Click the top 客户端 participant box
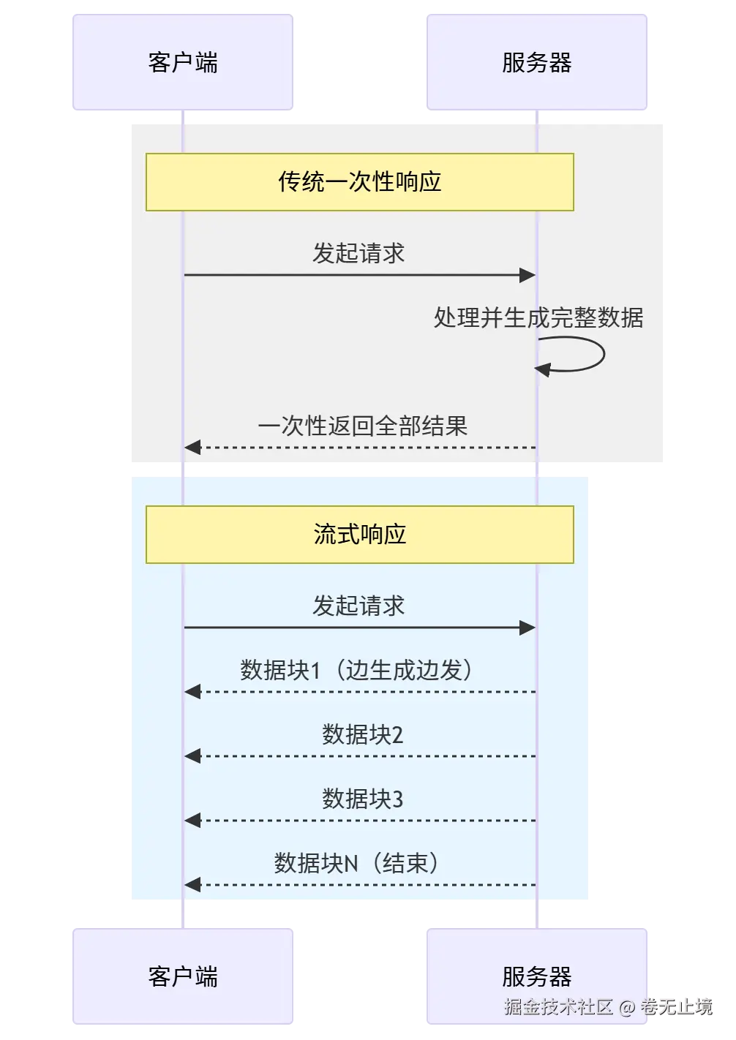pyautogui.click(x=182, y=62)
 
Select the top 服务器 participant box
pyautogui.click(x=537, y=62)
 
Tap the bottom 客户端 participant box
pyautogui.click(x=182, y=976)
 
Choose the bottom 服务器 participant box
pyautogui.click(x=537, y=976)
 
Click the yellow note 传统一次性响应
pyautogui.click(x=360, y=182)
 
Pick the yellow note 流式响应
pyautogui.click(x=360, y=535)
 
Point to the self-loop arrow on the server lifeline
pyautogui.click(x=604, y=355)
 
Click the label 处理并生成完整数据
pyautogui.click(x=538, y=318)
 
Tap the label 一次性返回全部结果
pyautogui.click(x=363, y=426)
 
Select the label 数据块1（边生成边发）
pyautogui.click(x=356, y=670)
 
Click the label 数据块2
pyautogui.click(x=363, y=734)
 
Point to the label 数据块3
pyautogui.click(x=363, y=799)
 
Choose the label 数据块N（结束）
pyautogui.click(x=356, y=863)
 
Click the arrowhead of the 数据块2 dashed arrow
pyautogui.click(x=192, y=755)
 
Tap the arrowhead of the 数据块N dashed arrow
pyautogui.click(x=192, y=884)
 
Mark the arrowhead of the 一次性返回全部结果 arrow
pyautogui.click(x=192, y=448)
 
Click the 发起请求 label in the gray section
pyautogui.click(x=358, y=254)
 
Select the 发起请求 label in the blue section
pyautogui.click(x=358, y=606)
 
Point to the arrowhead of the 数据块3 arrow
pyautogui.click(x=192, y=821)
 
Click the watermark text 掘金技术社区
pyautogui.click(x=559, y=1006)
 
